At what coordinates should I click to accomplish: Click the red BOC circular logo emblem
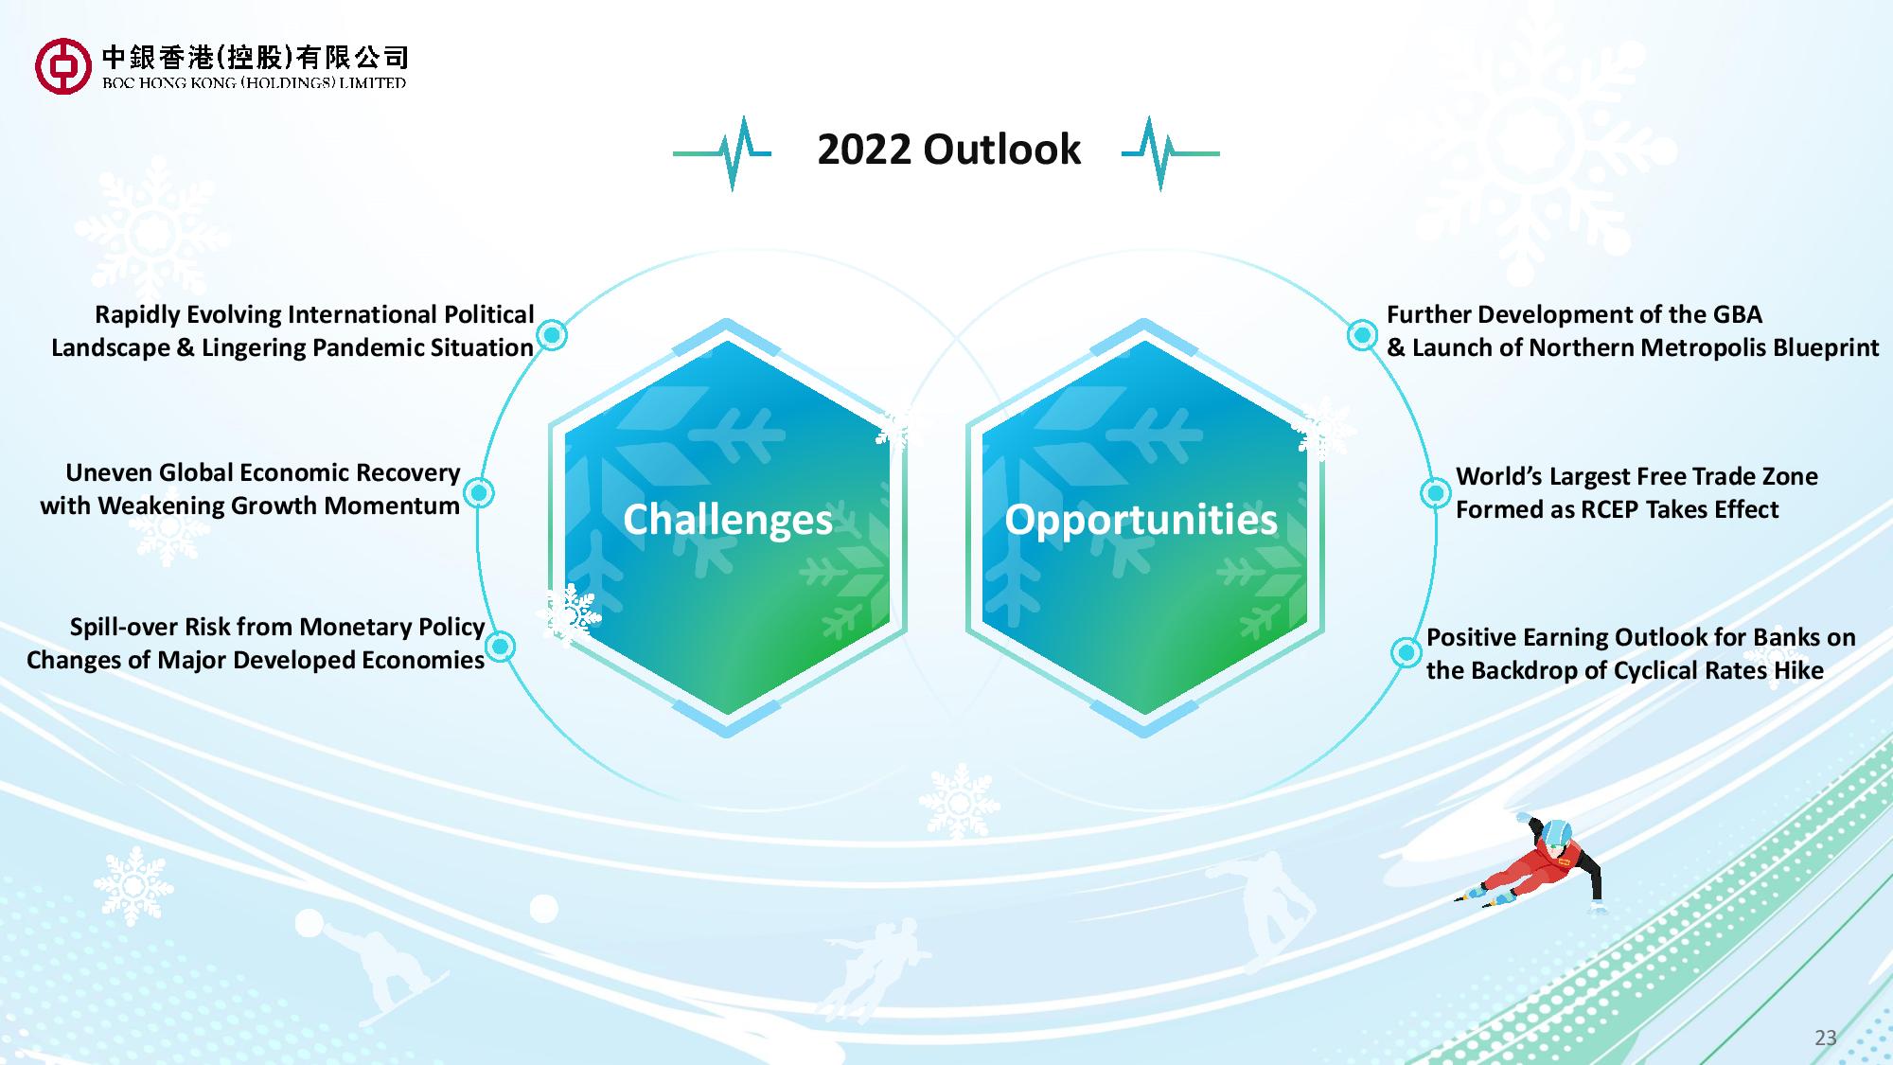tap(63, 66)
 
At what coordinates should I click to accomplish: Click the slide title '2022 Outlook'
tap(948, 150)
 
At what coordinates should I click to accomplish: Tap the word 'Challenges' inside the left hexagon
tap(728, 520)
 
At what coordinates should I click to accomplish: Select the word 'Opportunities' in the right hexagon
tap(1141, 520)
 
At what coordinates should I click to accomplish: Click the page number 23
tap(1825, 1038)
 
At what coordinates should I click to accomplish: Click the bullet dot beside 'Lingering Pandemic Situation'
tap(552, 334)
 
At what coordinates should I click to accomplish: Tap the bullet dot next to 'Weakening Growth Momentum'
tap(480, 492)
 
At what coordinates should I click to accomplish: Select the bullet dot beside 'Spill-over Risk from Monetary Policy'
tap(501, 647)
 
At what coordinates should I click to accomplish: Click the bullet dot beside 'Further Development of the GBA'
tap(1362, 334)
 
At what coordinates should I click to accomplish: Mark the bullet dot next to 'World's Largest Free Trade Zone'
tap(1435, 492)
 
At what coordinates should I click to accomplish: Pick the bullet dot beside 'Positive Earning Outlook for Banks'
tap(1406, 652)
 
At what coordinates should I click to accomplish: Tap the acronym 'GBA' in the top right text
tap(1738, 314)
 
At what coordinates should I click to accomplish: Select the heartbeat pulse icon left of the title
tap(722, 152)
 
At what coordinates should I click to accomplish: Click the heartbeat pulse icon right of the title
tap(1170, 152)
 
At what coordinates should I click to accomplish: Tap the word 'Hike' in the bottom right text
tap(1799, 670)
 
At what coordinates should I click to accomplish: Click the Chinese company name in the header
tap(255, 58)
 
